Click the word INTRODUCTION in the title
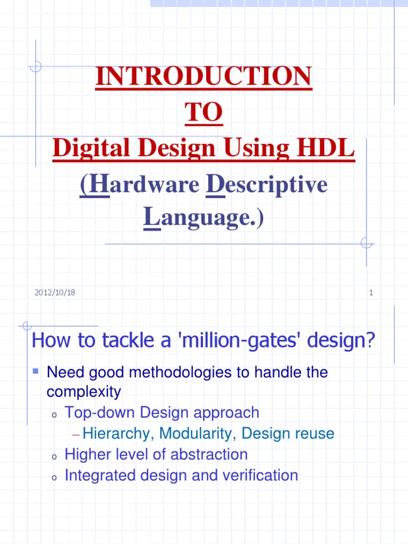coord(203,78)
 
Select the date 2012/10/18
coord(55,292)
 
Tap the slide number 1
coord(371,292)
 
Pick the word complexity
coord(84,392)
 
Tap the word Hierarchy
coord(113,433)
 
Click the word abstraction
coord(208,454)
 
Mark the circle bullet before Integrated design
coord(53,477)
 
